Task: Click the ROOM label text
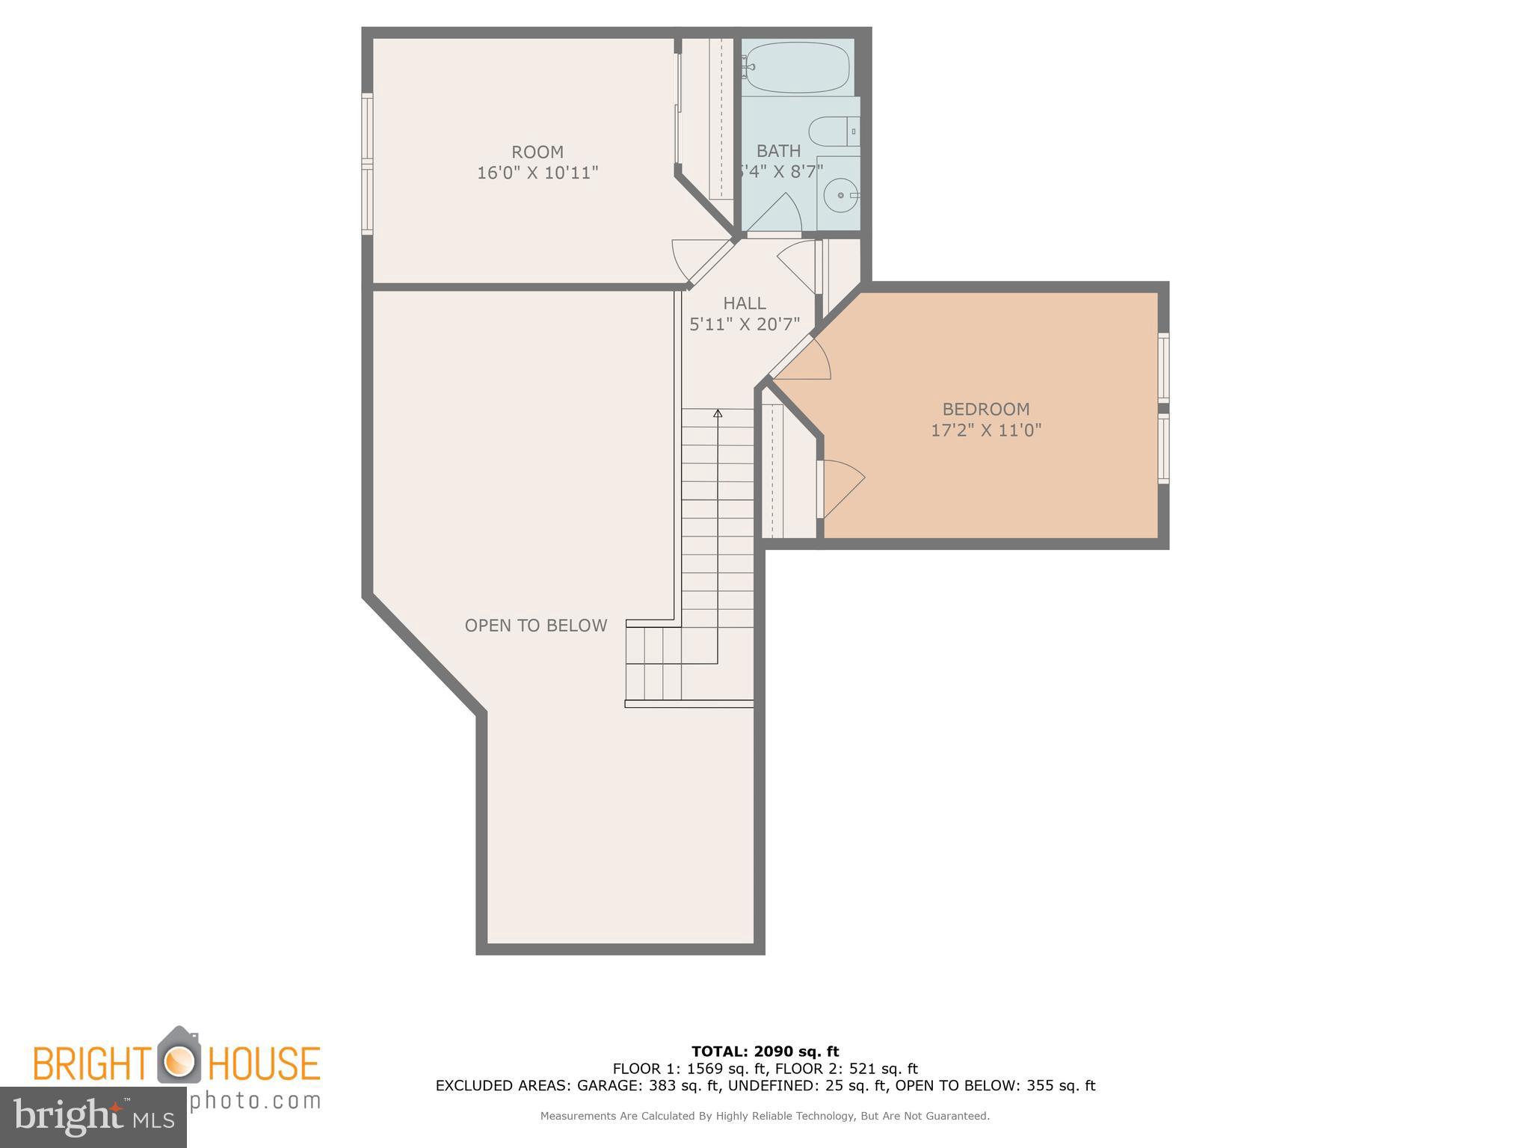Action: click(537, 152)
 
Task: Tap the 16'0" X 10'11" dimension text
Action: click(537, 173)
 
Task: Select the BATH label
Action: click(778, 151)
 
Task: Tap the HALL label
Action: click(744, 303)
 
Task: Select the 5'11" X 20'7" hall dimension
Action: click(744, 324)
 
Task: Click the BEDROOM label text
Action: click(985, 409)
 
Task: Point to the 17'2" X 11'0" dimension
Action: click(985, 430)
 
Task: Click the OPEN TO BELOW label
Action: click(535, 626)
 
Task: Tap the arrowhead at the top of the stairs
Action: click(718, 413)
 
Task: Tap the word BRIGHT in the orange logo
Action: click(91, 1064)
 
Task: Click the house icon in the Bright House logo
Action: click(179, 1056)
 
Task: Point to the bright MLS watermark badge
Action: click(93, 1117)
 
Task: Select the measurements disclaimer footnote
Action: click(765, 1116)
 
